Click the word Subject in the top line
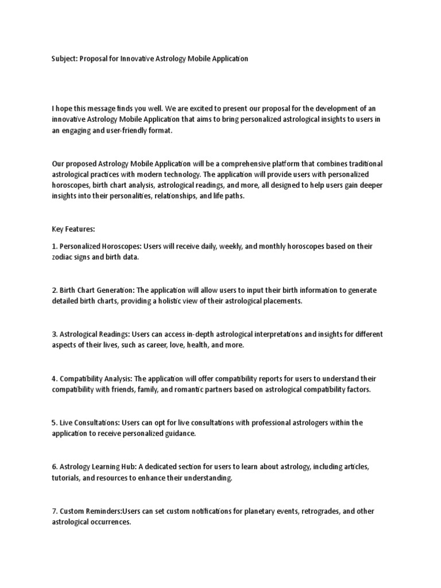(x=64, y=59)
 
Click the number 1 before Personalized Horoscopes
(x=53, y=246)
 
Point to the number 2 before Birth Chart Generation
(x=53, y=290)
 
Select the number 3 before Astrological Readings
(x=53, y=334)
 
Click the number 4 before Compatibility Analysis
(x=53, y=378)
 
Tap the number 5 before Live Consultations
(x=53, y=423)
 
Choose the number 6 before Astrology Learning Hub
(x=53, y=467)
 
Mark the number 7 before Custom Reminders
(x=53, y=511)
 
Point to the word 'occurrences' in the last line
(x=111, y=522)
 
